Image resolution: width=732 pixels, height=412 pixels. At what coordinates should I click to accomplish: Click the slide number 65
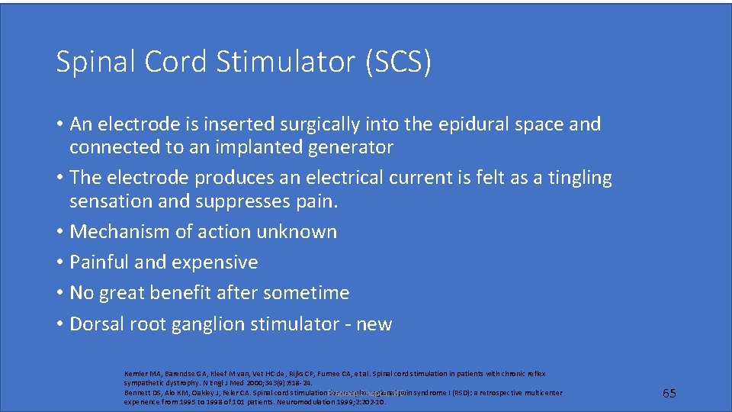tap(669, 393)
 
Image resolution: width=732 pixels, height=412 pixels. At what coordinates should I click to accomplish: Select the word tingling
tap(576, 178)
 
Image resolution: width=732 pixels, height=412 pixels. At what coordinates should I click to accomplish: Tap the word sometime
tap(312, 293)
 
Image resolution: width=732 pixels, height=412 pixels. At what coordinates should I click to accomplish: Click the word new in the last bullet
tap(374, 323)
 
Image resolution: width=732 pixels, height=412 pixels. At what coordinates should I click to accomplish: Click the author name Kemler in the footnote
tap(136, 374)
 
